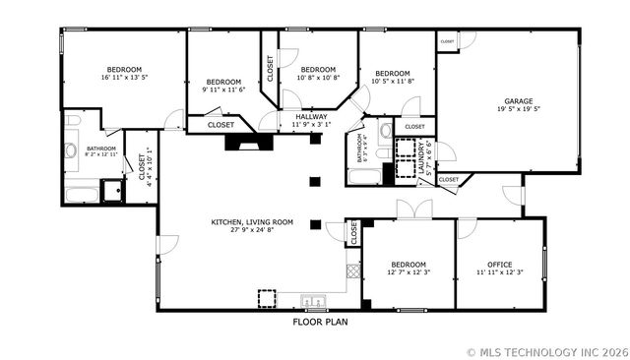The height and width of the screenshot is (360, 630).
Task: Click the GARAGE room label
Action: coord(519,100)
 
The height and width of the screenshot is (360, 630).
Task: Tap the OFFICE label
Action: coord(499,264)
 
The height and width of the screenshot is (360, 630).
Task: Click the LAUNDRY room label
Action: coord(421,160)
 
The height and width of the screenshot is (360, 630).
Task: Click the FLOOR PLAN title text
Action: coord(320,321)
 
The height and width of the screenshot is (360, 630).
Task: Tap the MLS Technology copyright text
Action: coord(546,349)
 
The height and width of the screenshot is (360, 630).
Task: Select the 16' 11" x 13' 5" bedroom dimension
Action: coord(125,79)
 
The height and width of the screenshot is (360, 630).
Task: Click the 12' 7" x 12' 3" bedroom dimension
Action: coord(408,272)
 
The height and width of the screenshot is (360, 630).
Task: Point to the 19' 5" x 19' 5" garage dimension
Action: coord(519,109)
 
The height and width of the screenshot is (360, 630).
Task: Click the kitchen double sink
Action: coord(314,301)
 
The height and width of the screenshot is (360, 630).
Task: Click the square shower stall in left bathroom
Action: coord(112,189)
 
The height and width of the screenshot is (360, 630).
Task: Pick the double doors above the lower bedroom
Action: coord(413,209)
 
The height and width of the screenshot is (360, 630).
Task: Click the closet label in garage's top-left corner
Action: coord(447,41)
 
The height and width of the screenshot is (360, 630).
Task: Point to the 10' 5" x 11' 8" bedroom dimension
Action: coord(393,82)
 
